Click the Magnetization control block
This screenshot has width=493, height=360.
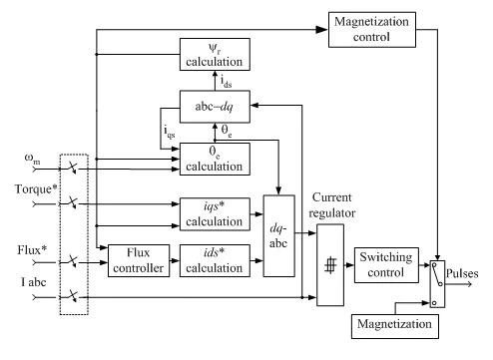pos(372,30)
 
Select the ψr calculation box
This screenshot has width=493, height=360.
pos(215,54)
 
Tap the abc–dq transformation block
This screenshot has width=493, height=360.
pos(215,107)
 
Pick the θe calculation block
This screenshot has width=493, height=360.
pos(215,159)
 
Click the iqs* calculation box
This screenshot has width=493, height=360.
pos(215,214)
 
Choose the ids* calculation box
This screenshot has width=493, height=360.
pos(215,260)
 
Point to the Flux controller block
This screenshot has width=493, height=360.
pos(139,260)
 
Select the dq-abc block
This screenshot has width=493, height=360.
pos(279,235)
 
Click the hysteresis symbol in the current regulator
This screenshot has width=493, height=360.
pos(330,265)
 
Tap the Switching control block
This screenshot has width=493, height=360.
pos(386,265)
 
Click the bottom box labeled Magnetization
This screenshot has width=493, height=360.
pos(395,326)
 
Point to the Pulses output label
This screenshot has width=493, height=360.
pos(462,273)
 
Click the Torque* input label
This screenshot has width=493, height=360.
pos(36,189)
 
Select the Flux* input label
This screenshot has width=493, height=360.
pos(32,249)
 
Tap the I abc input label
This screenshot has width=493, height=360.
pos(34,282)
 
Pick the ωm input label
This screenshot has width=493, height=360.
pos(32,159)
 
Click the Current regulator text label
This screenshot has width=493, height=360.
pos(332,205)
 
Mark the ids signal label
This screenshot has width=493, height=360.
pos(227,81)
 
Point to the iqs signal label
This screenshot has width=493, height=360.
pos(170,132)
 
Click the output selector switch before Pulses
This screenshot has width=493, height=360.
pos(437,284)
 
